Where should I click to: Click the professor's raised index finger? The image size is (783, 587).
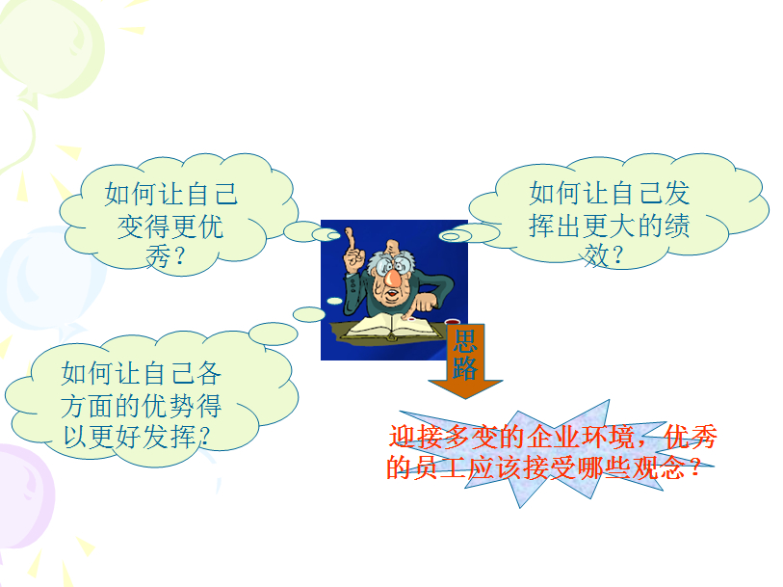click(351, 239)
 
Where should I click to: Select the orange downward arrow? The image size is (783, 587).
click(465, 360)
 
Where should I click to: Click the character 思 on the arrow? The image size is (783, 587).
click(465, 340)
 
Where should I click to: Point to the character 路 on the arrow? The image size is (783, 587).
click(465, 368)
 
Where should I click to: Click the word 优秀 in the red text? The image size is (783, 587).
click(691, 437)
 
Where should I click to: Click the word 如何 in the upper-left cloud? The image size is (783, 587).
click(131, 194)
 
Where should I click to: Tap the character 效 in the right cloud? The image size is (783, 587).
click(596, 255)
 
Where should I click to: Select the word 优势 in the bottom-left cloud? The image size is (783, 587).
click(169, 405)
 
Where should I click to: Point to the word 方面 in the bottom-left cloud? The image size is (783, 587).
click(87, 405)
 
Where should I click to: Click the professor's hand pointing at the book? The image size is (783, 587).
click(424, 303)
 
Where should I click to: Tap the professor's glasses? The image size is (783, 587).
click(395, 265)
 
